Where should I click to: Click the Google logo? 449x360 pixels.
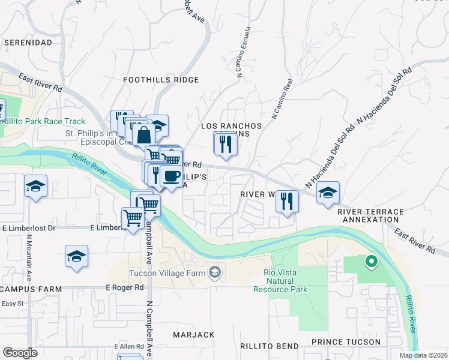(x=20, y=353)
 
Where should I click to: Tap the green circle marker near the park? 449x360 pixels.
(x=371, y=261)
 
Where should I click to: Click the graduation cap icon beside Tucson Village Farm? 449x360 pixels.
(x=214, y=274)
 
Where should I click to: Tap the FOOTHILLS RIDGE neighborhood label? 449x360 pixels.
(x=160, y=80)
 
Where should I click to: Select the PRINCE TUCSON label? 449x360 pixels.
(x=346, y=342)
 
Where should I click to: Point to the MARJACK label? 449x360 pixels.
(x=193, y=334)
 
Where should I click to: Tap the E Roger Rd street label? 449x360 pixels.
(x=125, y=287)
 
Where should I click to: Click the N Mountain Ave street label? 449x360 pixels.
(x=29, y=256)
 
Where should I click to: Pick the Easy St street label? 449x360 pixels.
(x=11, y=304)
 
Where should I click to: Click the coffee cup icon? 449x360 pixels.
(x=172, y=176)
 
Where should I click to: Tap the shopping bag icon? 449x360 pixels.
(x=144, y=134)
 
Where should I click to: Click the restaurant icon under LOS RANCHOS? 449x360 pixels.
(x=225, y=144)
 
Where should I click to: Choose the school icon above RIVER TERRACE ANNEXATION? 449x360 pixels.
(x=328, y=193)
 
